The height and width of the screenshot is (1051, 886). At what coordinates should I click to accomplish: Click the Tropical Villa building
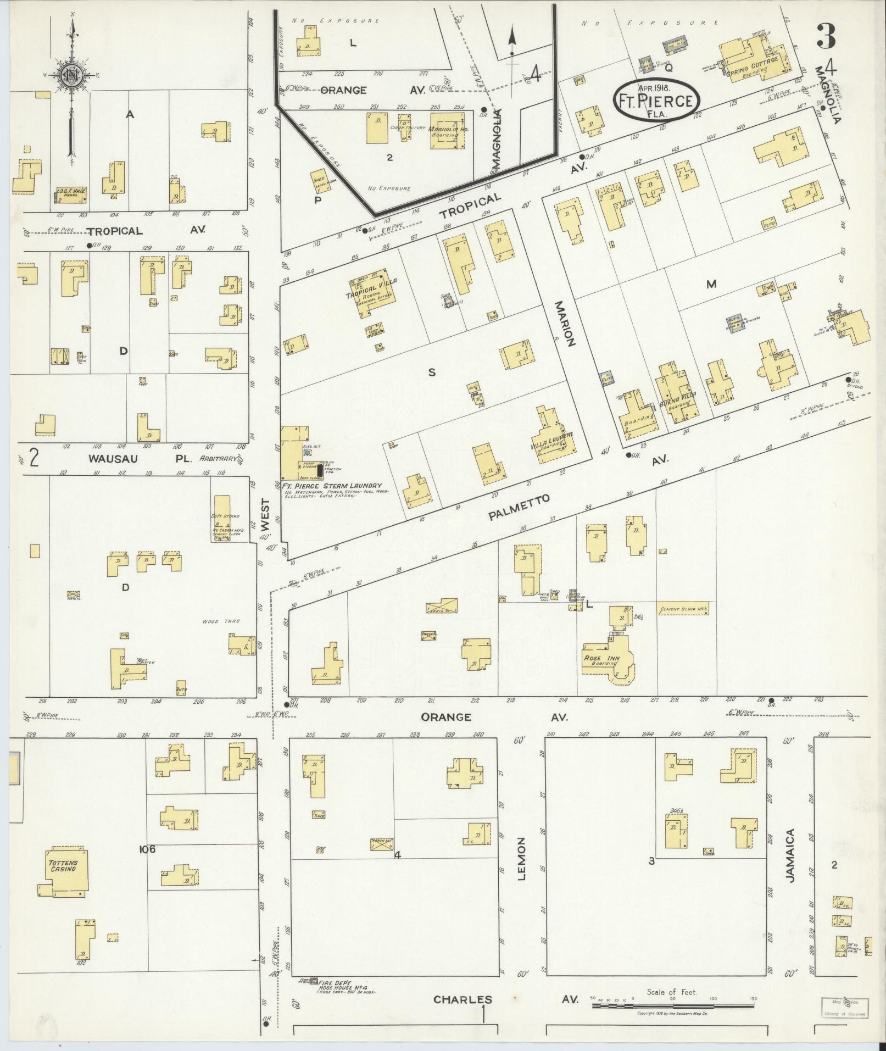click(370, 293)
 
